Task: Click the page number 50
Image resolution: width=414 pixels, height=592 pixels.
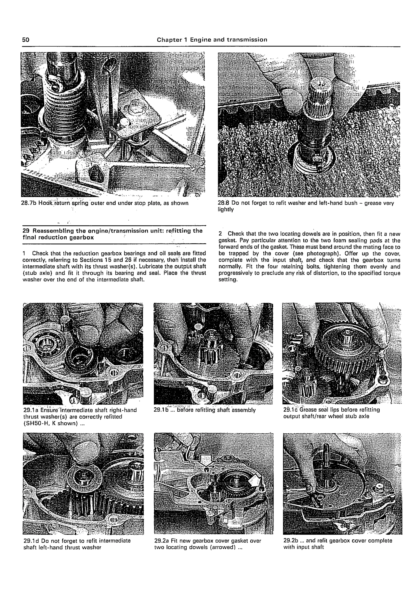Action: pyautogui.click(x=26, y=40)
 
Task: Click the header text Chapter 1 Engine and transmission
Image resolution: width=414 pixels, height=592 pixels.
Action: pyautogui.click(x=212, y=40)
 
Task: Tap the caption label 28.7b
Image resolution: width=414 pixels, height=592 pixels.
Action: pyautogui.click(x=29, y=203)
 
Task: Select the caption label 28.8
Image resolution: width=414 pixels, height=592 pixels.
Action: pyautogui.click(x=224, y=203)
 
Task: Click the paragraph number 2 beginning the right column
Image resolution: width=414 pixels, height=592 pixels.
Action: pyautogui.click(x=220, y=234)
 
